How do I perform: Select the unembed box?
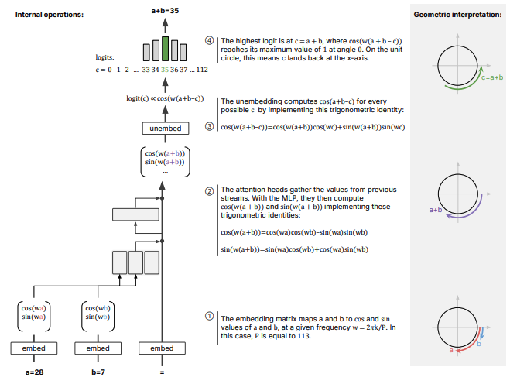[x=162, y=128]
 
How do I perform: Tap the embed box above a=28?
[x=34, y=348]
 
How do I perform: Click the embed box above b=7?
[x=98, y=348]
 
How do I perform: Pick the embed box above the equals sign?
[x=162, y=348]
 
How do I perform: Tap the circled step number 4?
[x=209, y=39]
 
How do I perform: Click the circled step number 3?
[x=209, y=126]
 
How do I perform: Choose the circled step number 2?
[x=209, y=190]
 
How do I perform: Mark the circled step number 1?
[x=209, y=317]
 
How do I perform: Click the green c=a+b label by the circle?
[x=491, y=77]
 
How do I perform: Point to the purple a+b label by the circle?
[x=436, y=209]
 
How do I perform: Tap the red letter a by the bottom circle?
[x=451, y=350]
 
